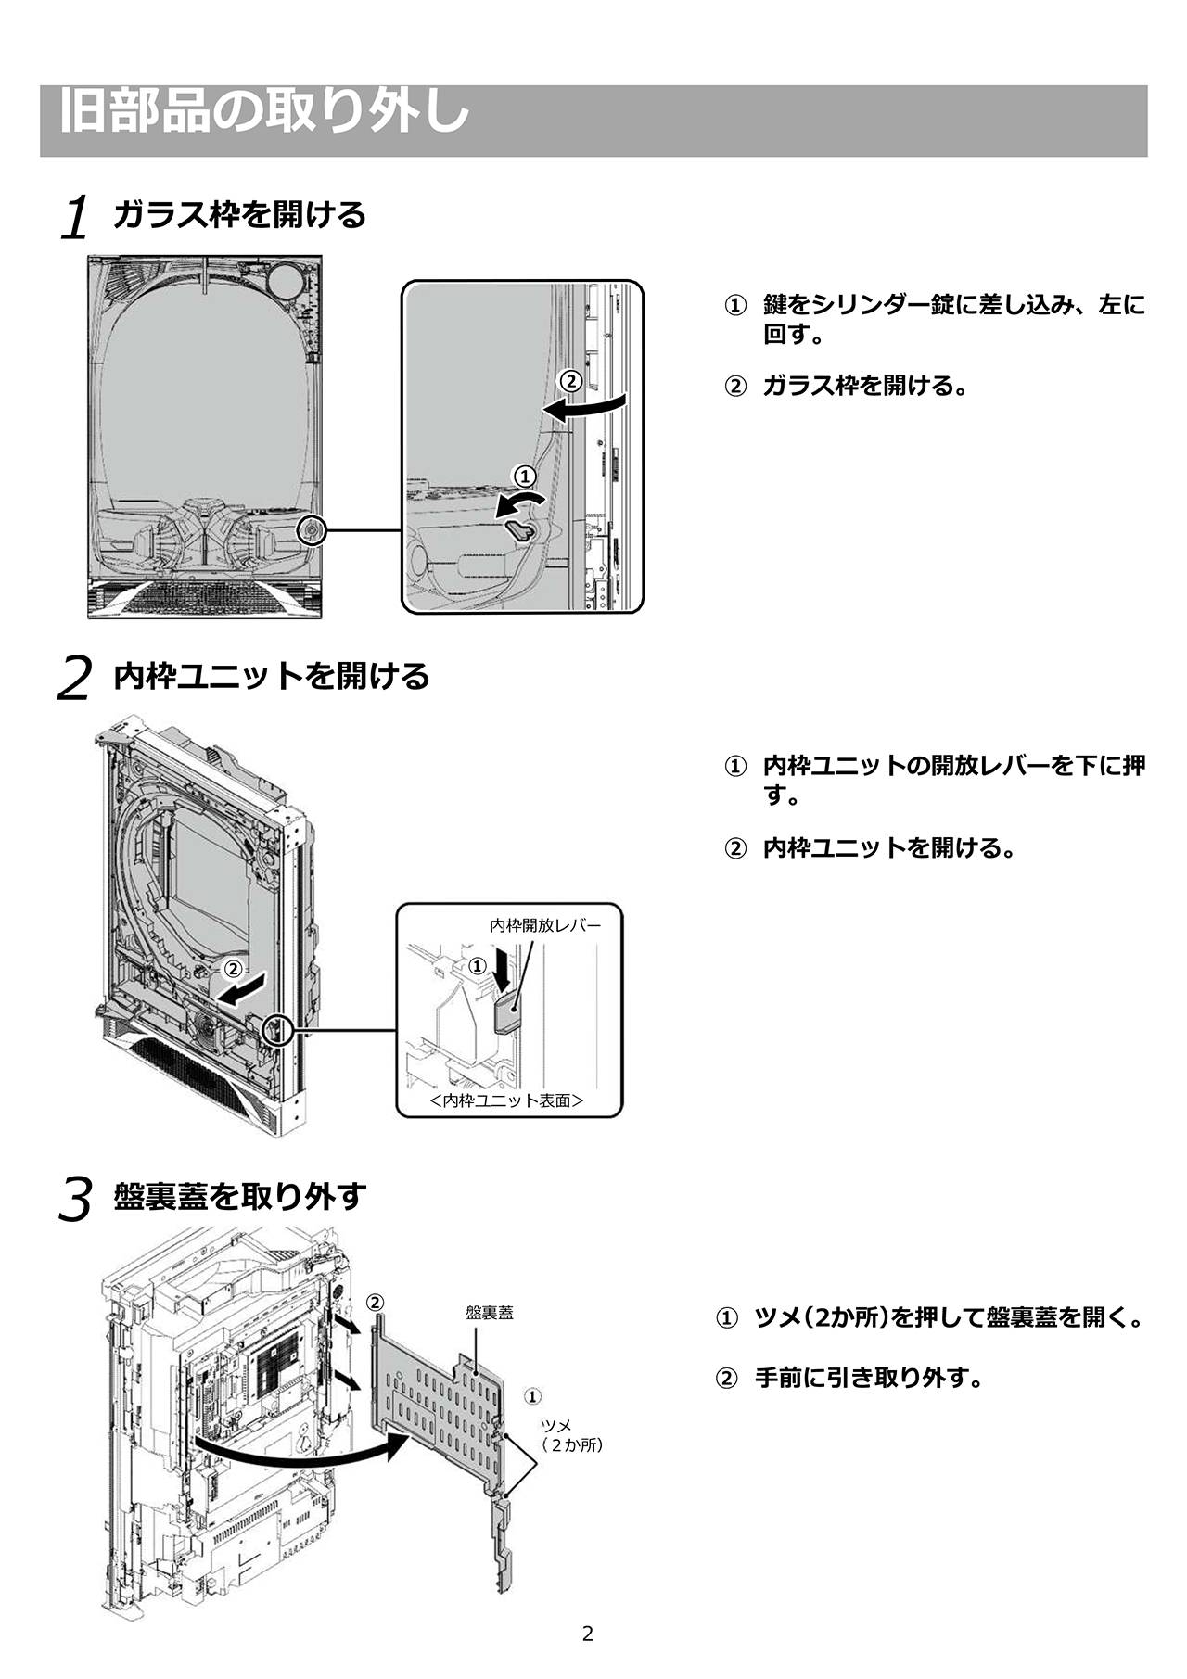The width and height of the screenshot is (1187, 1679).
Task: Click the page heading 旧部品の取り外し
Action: pyautogui.click(x=264, y=112)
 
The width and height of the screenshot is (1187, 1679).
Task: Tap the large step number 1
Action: pyautogui.click(x=75, y=219)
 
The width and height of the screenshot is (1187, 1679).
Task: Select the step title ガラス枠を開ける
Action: pyautogui.click(x=240, y=215)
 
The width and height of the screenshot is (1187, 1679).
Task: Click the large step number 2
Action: pyautogui.click(x=75, y=679)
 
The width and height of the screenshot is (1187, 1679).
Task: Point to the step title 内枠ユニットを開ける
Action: pyautogui.click(x=272, y=676)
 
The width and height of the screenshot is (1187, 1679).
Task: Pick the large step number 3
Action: pyautogui.click(x=75, y=1200)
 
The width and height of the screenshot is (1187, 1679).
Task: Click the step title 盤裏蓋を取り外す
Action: pyautogui.click(x=240, y=1196)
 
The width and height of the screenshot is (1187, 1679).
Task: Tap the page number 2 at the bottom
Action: pyautogui.click(x=587, y=1634)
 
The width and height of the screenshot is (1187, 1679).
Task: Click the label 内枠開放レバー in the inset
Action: pyautogui.click(x=544, y=925)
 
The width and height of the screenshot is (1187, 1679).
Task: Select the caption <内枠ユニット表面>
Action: pyautogui.click(x=507, y=1100)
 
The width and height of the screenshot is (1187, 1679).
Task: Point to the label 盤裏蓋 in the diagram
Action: pyautogui.click(x=490, y=1313)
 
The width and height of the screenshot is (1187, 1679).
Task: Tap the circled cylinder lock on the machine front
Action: pyautogui.click(x=310, y=530)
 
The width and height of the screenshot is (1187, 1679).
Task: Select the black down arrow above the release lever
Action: pyautogui.click(x=502, y=972)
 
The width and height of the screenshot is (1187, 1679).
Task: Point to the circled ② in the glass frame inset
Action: pyautogui.click(x=570, y=381)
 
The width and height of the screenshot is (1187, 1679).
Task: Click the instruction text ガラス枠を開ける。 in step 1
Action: pyautogui.click(x=864, y=386)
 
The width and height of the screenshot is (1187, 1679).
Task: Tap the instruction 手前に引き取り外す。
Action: pyautogui.click(x=869, y=1378)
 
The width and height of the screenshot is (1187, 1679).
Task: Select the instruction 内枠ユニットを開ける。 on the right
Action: pyautogui.click(x=888, y=847)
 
